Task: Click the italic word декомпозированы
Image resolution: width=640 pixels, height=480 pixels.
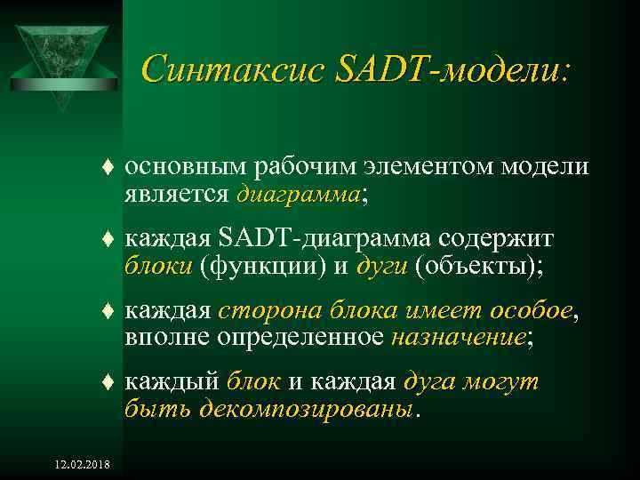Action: [307, 408]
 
